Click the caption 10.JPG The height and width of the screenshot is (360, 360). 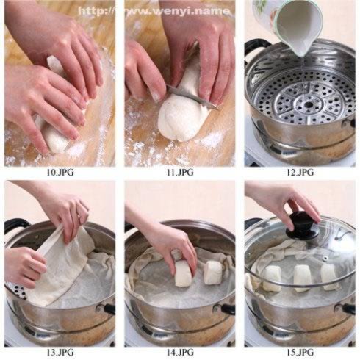point(60,173)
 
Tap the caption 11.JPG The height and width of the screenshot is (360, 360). point(180,173)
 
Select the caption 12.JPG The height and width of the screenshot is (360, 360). point(300,173)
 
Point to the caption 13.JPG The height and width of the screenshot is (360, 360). point(60,353)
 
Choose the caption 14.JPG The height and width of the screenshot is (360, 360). point(180,353)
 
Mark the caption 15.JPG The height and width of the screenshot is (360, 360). point(300,353)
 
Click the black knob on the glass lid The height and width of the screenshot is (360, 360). point(303,226)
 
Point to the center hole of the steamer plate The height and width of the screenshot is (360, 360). point(309,105)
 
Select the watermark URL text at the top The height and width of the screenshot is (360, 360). point(154,11)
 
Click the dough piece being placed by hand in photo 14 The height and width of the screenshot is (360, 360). point(184,273)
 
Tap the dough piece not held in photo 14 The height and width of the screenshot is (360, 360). point(213,273)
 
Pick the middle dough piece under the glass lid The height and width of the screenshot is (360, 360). point(303,278)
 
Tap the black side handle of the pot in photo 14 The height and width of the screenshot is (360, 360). point(227,308)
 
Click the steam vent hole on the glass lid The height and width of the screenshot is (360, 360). point(325,258)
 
